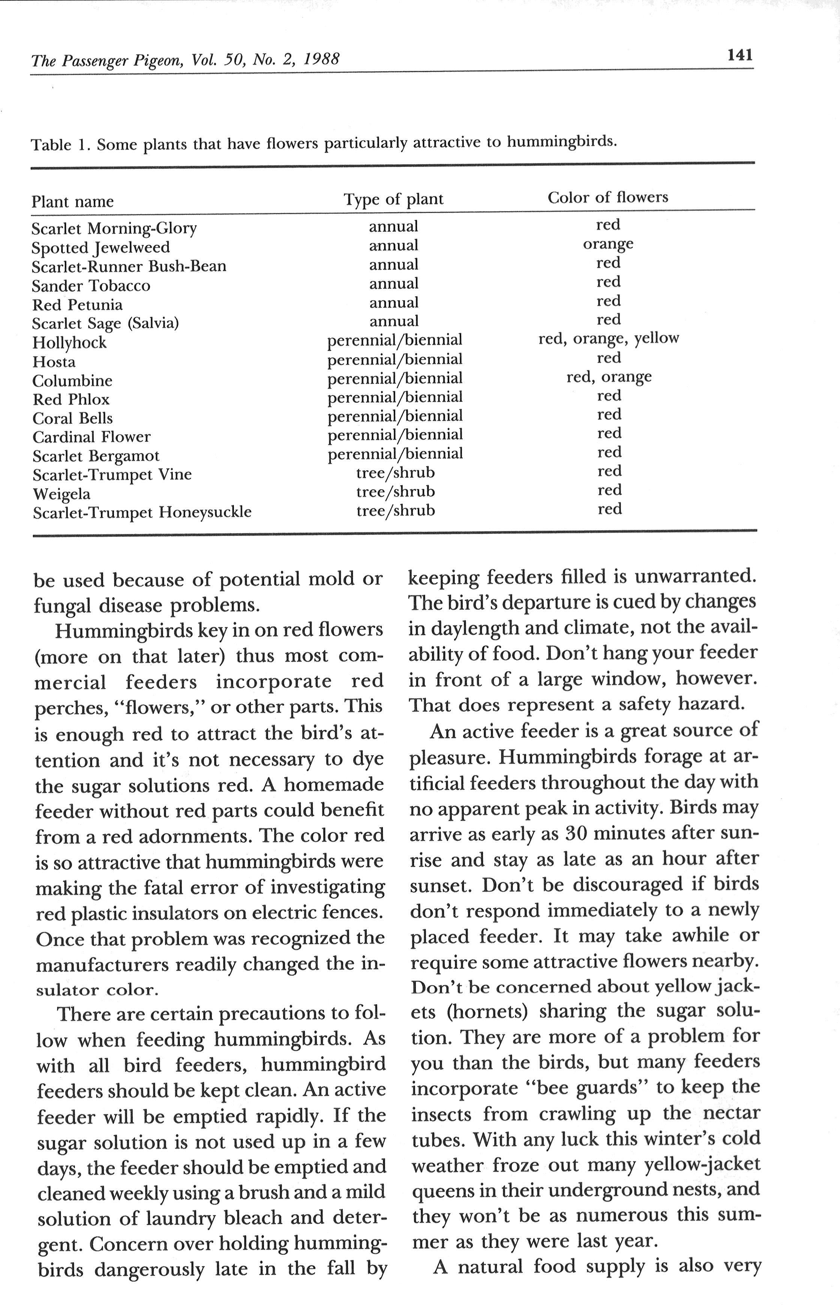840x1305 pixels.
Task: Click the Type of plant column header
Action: [393, 199]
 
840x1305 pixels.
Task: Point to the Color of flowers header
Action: [607, 197]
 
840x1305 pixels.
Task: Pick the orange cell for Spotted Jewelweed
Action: [608, 244]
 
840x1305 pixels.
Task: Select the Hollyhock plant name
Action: [69, 343]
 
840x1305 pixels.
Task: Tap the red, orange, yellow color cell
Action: [608, 339]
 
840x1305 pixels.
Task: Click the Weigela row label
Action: [61, 494]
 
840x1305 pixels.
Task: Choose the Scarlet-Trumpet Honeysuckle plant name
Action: [142, 513]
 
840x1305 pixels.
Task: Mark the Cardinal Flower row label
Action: [91, 437]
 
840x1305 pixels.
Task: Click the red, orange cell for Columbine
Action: [609, 377]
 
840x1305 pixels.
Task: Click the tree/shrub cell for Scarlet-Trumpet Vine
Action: [396, 472]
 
